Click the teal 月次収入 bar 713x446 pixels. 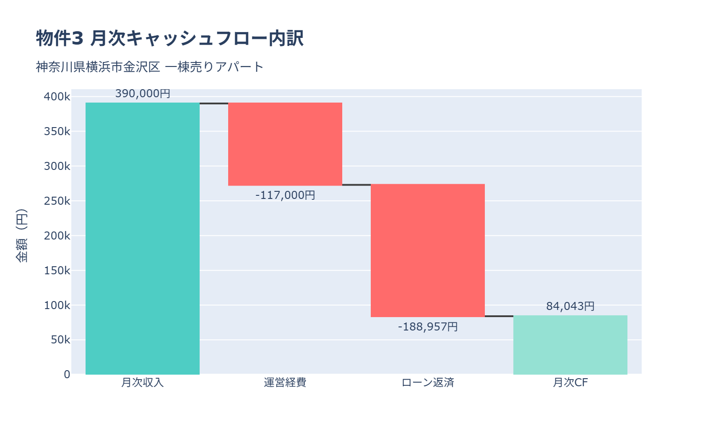click(143, 239)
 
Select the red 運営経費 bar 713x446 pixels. click(285, 144)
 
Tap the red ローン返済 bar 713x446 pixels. click(428, 250)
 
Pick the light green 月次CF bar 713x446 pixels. click(570, 345)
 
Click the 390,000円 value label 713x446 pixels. click(143, 94)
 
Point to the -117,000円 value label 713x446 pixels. click(285, 195)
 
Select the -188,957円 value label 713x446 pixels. click(428, 327)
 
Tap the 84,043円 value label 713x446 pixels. click(570, 306)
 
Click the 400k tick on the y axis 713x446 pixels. click(57, 97)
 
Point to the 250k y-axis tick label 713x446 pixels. click(57, 201)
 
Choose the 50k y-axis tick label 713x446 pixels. click(60, 340)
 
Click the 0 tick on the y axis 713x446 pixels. click(67, 375)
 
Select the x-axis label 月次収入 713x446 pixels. click(143, 383)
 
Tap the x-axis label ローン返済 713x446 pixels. click(428, 383)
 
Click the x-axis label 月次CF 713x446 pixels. click(570, 383)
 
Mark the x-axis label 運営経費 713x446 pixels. click(285, 383)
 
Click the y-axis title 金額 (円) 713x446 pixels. click(21, 235)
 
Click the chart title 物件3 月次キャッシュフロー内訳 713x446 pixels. click(170, 38)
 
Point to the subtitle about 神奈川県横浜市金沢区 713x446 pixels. click(150, 67)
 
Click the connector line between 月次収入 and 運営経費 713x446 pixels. click(214, 103)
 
